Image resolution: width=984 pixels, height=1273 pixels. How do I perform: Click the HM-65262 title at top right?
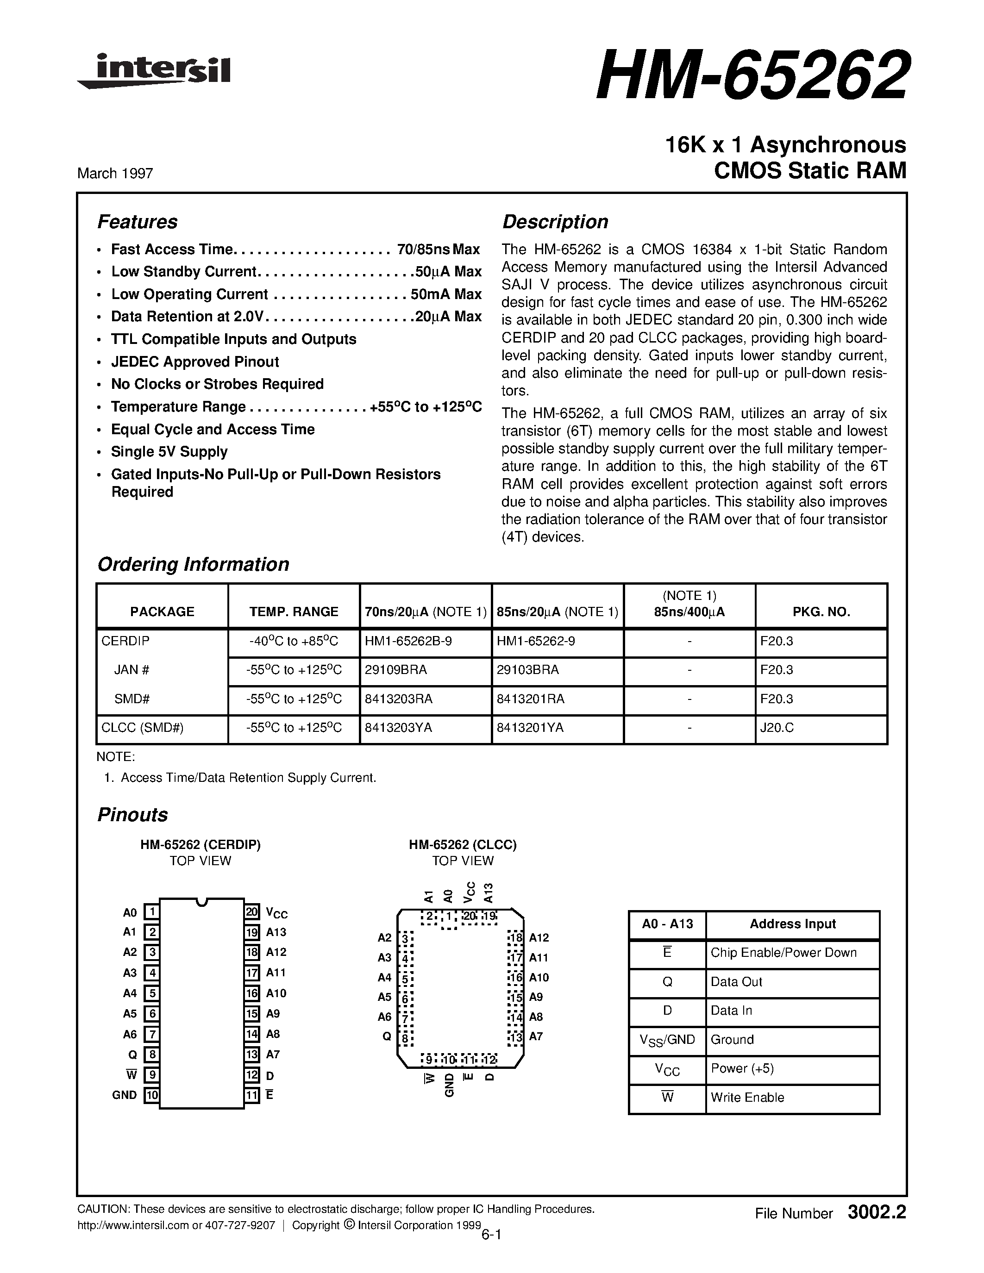coord(752,76)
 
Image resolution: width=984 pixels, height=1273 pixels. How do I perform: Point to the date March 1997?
coord(115,173)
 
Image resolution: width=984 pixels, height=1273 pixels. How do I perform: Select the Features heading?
coord(137,222)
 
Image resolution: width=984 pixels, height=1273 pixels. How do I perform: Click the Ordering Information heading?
coord(193,564)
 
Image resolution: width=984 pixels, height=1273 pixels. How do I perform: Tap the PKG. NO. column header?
coord(821,612)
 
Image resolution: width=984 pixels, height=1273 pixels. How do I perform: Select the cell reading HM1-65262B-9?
coord(408,641)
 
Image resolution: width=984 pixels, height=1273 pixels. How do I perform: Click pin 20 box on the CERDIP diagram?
coord(252,911)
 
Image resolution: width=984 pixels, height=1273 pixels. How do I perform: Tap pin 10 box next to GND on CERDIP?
coord(151,1095)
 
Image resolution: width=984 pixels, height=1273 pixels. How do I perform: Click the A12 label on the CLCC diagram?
coord(539,938)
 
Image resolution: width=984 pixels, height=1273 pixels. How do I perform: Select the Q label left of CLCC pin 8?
coord(386,1037)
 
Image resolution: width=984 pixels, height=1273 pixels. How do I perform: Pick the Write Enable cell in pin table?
coord(747,1098)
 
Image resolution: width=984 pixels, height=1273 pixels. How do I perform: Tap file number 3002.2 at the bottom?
coord(877,1213)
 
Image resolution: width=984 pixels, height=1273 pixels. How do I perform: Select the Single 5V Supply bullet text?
coord(169,452)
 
